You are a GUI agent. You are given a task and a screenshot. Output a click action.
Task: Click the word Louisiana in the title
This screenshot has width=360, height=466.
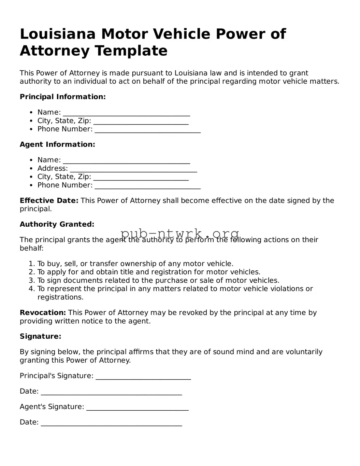[x=57, y=34]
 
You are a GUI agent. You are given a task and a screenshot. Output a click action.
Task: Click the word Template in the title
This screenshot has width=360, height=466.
[x=131, y=51]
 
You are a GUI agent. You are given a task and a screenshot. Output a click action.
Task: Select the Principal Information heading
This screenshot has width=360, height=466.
[x=63, y=97]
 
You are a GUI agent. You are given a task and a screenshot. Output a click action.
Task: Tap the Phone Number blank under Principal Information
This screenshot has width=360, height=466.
[x=147, y=130]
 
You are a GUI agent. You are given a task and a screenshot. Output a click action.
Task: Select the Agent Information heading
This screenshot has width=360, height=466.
[x=57, y=144]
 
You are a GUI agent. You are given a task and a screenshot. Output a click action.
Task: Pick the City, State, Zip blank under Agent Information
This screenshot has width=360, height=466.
[x=141, y=178]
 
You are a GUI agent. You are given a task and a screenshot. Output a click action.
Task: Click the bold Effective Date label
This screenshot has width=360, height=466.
[x=49, y=201]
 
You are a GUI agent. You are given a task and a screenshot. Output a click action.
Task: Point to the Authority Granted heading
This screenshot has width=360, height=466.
[x=57, y=224]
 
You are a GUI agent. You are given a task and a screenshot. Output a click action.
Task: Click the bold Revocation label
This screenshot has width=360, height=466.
[x=43, y=313]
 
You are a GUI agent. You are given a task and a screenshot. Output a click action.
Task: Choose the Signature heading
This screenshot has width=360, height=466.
[x=40, y=337]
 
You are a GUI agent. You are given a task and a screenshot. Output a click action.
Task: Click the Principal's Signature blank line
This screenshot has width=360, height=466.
[x=143, y=377]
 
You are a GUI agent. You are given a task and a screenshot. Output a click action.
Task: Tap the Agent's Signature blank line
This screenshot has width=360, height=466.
[x=138, y=408]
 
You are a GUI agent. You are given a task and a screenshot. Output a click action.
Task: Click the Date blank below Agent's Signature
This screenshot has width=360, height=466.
[x=111, y=424]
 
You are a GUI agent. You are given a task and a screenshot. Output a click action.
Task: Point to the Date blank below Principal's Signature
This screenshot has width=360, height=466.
[x=111, y=393]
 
